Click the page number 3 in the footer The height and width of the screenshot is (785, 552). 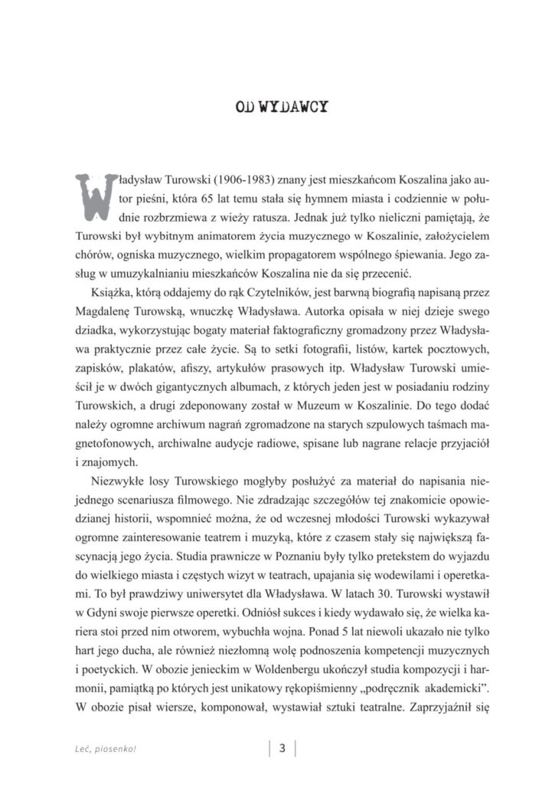click(282, 749)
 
